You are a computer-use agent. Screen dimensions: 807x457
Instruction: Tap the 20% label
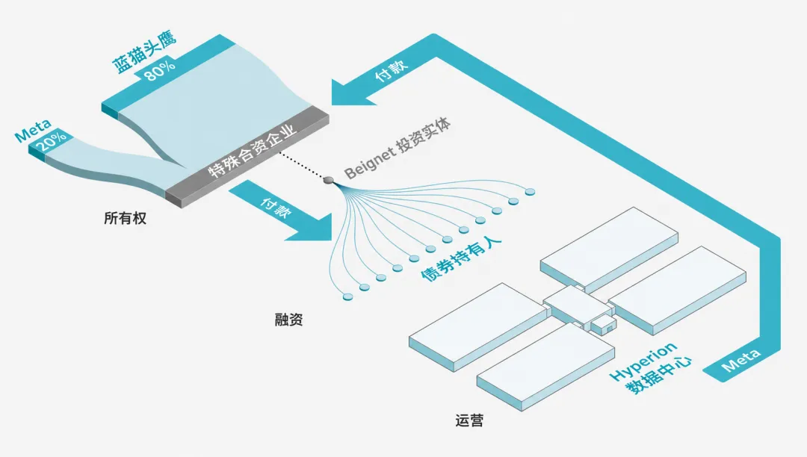(52, 140)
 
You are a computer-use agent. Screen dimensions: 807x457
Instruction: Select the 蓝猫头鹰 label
(144, 52)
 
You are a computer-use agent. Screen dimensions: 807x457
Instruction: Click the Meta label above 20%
(33, 131)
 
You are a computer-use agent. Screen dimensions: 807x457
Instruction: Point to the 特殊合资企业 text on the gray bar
(253, 150)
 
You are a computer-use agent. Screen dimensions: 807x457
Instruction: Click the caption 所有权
(125, 218)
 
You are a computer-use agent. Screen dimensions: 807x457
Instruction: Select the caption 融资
(288, 320)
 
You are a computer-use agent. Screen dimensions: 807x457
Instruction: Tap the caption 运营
(469, 420)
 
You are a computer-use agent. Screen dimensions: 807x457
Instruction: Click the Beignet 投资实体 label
(398, 148)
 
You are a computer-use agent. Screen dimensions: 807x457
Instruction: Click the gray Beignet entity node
(328, 180)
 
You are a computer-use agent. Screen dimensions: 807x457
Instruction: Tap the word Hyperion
(643, 361)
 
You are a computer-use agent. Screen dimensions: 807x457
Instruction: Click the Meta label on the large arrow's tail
(740, 361)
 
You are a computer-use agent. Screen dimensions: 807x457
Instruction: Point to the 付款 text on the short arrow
(275, 207)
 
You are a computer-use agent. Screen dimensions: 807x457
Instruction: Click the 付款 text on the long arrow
(391, 70)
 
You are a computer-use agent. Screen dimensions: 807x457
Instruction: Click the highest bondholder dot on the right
(530, 192)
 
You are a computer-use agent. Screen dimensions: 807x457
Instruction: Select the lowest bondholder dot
(348, 296)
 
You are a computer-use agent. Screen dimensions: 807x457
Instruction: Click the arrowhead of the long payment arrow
(355, 93)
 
